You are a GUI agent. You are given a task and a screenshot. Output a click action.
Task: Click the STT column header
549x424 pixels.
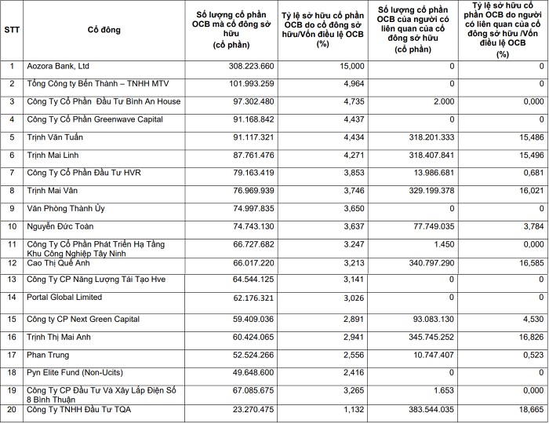12,30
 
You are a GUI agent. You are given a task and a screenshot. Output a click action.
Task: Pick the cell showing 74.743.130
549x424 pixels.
250,227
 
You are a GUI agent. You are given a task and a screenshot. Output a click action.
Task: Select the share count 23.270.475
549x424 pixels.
250,409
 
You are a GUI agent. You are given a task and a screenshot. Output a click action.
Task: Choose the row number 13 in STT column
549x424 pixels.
12,280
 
